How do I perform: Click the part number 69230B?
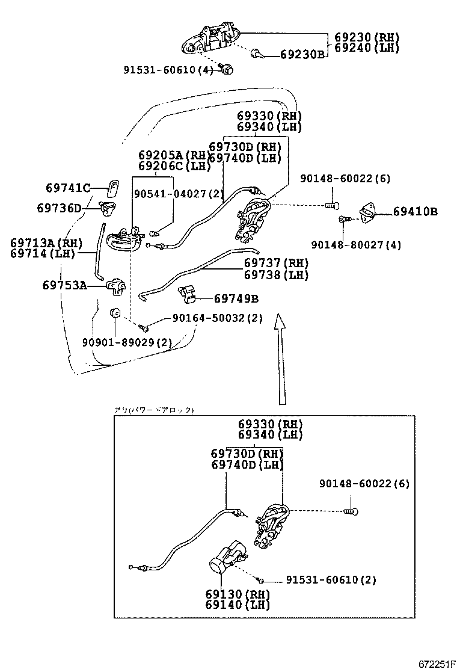click(302, 55)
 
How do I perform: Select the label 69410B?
click(416, 212)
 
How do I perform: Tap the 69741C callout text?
click(67, 188)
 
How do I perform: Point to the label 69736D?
click(59, 208)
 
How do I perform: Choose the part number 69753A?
click(64, 285)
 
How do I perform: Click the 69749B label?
click(236, 298)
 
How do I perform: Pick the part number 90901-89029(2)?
click(127, 342)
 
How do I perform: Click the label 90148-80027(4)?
click(357, 245)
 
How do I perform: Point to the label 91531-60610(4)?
click(169, 70)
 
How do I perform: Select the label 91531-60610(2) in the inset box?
click(331, 580)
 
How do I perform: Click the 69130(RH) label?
click(237, 594)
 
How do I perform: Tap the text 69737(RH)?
click(276, 264)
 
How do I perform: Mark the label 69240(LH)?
click(367, 48)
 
